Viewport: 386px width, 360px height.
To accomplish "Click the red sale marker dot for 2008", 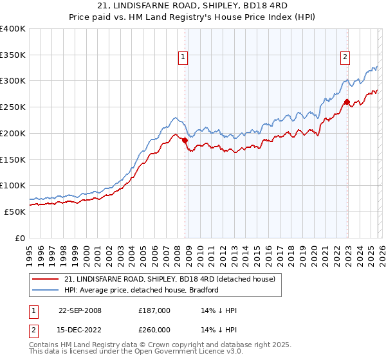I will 185,139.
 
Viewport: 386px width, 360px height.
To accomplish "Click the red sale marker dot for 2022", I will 347,102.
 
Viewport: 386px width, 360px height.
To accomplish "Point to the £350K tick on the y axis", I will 13,55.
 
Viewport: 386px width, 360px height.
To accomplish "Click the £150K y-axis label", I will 13,159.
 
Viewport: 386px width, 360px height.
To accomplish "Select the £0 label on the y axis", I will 19,238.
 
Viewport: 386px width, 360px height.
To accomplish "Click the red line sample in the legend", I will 46,279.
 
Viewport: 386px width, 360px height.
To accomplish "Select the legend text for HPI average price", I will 142,290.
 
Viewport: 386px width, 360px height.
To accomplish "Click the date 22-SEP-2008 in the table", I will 80,310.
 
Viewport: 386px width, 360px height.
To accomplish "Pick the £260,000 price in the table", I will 154,330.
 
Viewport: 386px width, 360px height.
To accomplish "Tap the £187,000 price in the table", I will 154,310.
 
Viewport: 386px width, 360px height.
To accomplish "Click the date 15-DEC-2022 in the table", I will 80,330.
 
